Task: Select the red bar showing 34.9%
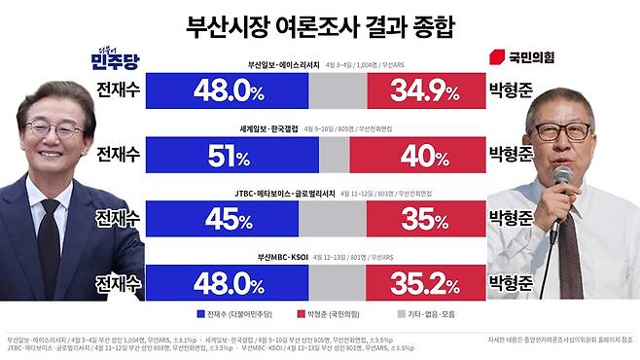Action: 424,92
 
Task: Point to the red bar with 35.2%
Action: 424,282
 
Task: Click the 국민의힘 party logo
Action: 519,56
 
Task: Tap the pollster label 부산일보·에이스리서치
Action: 288,66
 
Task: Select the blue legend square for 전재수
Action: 200,314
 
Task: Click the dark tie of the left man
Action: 49,243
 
